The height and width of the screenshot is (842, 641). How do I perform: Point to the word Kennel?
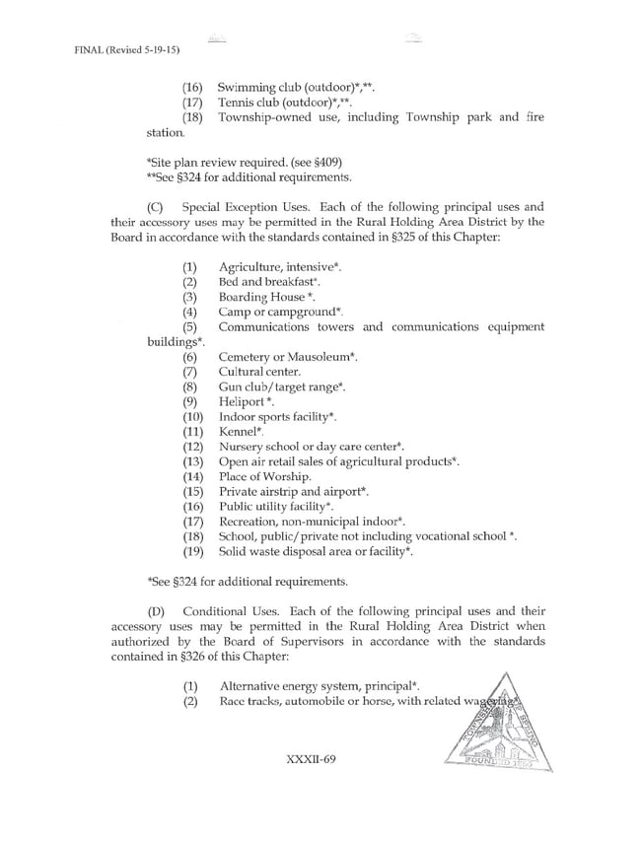pyautogui.click(x=238, y=432)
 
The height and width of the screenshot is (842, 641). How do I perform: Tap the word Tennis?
pyautogui.click(x=237, y=103)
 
